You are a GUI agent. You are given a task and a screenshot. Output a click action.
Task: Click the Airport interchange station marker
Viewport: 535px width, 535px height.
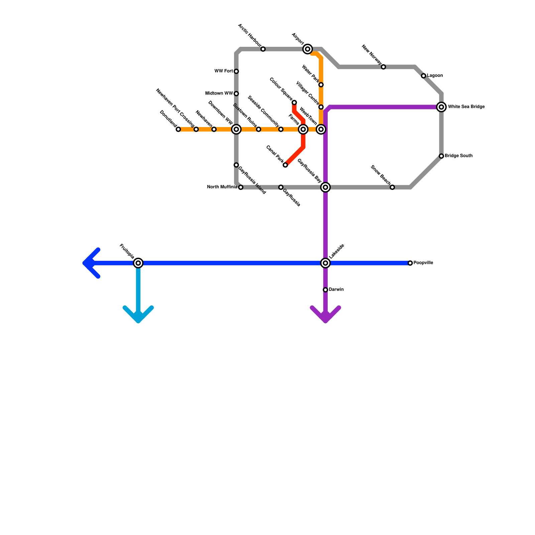click(308, 49)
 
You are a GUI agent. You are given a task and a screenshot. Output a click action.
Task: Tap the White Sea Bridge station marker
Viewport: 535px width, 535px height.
click(441, 107)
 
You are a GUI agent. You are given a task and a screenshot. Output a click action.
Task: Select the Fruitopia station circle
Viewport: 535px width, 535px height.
click(138, 263)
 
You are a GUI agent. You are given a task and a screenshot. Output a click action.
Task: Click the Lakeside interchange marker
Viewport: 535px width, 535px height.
click(325, 263)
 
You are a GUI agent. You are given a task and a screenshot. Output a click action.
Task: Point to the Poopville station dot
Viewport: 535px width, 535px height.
click(410, 263)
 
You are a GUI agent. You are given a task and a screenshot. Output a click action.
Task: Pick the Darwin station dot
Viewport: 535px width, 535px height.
click(325, 290)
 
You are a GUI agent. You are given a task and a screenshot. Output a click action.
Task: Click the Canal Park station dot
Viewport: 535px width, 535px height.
click(285, 165)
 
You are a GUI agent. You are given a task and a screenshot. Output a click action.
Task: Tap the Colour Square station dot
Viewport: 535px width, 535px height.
click(294, 102)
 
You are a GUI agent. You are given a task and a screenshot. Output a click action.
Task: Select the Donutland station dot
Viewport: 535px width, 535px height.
click(178, 129)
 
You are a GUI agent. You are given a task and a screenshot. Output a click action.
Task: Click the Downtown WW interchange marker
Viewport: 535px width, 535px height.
click(236, 129)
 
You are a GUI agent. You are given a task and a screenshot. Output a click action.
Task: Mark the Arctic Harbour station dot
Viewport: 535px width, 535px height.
click(263, 49)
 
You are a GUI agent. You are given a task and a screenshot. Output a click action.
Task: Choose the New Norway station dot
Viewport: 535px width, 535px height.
click(384, 67)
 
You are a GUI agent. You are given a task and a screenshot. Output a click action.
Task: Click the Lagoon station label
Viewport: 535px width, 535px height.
click(435, 76)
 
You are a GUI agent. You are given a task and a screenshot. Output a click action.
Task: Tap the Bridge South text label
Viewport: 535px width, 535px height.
click(458, 156)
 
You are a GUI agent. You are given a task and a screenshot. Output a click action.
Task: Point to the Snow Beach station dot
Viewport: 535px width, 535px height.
click(392, 187)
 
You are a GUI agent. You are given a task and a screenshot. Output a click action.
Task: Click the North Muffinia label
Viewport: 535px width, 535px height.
click(222, 187)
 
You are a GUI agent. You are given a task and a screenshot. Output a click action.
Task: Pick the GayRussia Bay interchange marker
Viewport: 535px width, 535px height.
click(325, 187)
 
